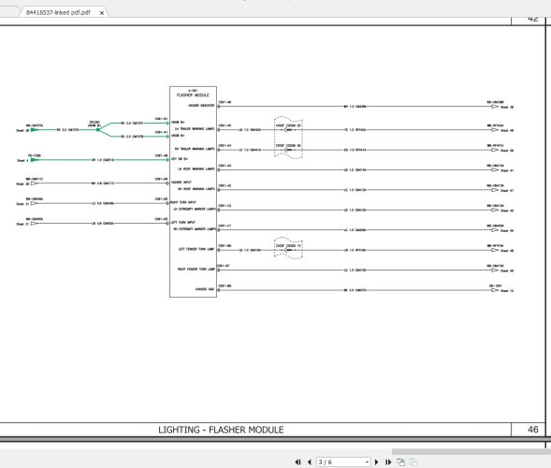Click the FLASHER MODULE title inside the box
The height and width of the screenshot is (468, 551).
[x=192, y=95]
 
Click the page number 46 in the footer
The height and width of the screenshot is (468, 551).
[x=533, y=429]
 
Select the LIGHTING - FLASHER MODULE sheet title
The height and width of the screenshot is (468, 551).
[x=222, y=429]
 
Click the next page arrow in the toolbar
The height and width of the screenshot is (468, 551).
[x=376, y=461]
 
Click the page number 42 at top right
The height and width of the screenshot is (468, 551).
[x=533, y=18]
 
